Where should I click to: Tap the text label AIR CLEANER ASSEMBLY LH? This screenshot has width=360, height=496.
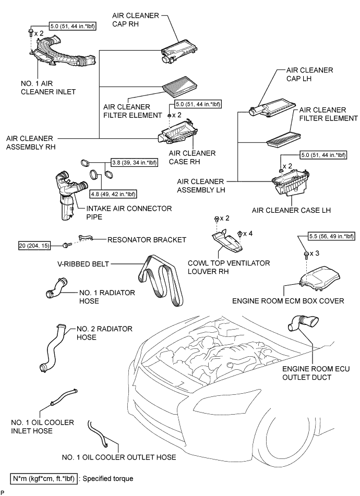pos(202,186)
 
